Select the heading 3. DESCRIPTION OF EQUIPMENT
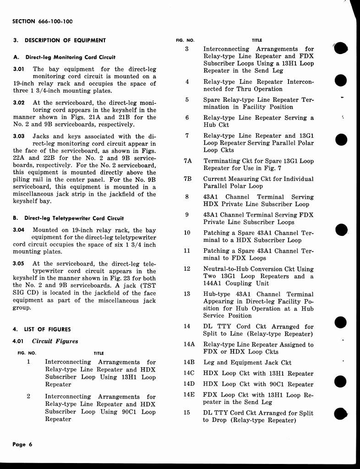click(60, 40)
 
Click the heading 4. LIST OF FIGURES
click(42, 329)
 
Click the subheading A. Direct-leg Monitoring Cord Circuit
click(64, 57)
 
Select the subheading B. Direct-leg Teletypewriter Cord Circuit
click(68, 218)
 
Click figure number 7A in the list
click(187, 161)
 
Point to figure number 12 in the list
click(187, 269)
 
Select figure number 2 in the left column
click(28, 397)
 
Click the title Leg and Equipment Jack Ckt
click(247, 363)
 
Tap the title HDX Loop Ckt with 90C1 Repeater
click(258, 384)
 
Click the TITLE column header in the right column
click(257, 40)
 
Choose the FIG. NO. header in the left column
click(26, 353)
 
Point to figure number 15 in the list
click(187, 413)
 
